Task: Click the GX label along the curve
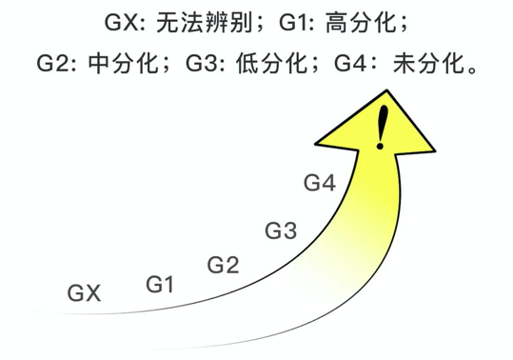click(x=85, y=293)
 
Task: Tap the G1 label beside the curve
click(x=160, y=283)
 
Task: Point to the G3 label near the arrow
click(x=281, y=230)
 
